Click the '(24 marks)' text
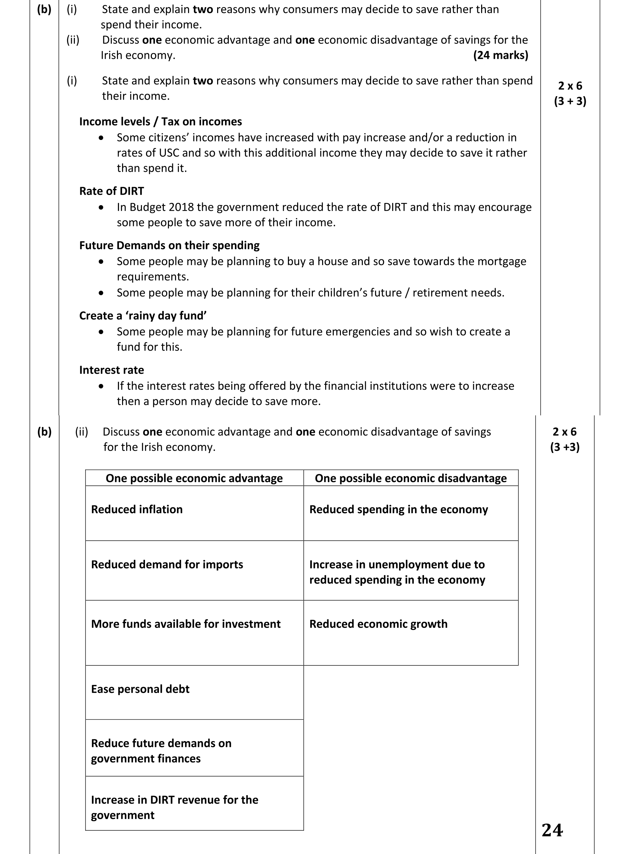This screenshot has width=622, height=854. pos(500,55)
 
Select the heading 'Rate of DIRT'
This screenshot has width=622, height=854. pos(111,191)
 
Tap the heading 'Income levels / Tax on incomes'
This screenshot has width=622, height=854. pos(160,122)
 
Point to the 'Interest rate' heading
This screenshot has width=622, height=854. pos(111,370)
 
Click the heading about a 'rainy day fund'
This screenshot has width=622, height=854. pos(143,316)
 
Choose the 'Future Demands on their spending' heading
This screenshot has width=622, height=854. pos(169,246)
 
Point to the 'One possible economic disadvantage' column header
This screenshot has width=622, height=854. pos(410,478)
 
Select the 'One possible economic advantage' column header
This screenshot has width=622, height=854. pos(194,478)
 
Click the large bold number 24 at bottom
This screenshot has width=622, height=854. pos(552,831)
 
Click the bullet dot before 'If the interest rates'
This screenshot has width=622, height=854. pos(101,386)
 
